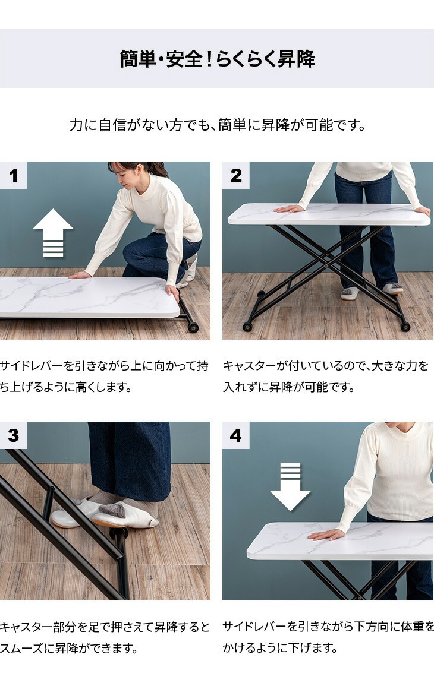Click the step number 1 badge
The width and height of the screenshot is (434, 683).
click(13, 175)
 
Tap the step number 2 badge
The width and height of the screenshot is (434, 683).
click(235, 175)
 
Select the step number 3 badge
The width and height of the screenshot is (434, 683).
click(13, 435)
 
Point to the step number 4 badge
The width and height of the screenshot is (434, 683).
click(235, 435)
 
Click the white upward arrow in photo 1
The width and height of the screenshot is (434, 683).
click(54, 233)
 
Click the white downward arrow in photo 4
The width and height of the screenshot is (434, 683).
click(290, 486)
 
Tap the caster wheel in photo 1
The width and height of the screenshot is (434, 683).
click(192, 327)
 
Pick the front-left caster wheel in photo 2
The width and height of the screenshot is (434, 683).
click(248, 326)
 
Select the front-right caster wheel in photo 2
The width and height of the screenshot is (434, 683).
click(405, 326)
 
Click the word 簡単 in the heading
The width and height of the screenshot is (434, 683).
click(137, 59)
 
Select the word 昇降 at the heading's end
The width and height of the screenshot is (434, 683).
click(296, 59)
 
